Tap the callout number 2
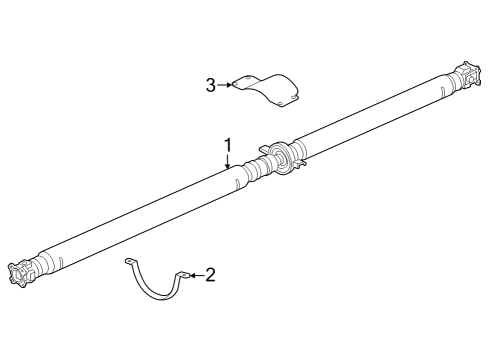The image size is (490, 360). [210, 274]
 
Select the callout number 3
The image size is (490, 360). [211, 85]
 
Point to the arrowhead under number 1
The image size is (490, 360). [228, 166]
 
